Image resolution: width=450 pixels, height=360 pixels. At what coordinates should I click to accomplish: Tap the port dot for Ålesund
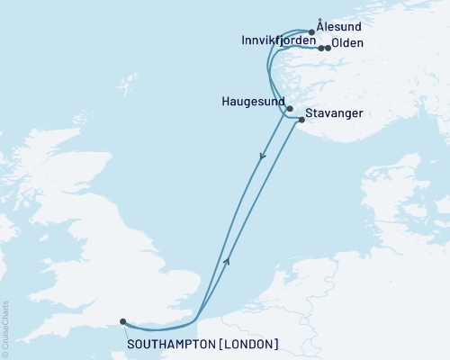311,32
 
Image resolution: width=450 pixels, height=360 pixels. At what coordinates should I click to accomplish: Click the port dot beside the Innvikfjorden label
320,48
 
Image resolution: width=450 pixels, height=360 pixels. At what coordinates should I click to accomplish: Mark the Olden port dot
328,48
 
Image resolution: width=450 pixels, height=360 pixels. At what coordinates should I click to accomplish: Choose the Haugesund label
253,102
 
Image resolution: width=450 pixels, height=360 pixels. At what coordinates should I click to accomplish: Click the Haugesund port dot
290,109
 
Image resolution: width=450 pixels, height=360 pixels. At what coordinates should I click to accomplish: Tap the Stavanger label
335,114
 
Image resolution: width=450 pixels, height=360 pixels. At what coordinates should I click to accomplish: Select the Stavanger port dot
301,121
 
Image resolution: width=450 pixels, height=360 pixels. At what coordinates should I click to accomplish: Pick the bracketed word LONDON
248,345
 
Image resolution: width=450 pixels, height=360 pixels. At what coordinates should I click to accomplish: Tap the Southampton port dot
122,320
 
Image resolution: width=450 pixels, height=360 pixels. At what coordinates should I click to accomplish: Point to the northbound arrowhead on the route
227,259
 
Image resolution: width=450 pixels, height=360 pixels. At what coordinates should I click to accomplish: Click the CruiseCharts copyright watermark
4,329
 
